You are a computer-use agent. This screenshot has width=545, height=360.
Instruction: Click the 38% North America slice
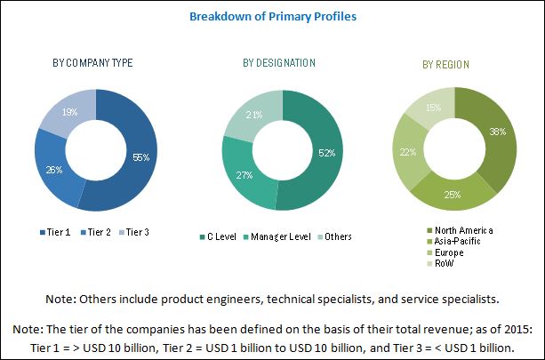[x=496, y=133]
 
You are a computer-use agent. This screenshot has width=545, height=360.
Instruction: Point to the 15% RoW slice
[x=431, y=108]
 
